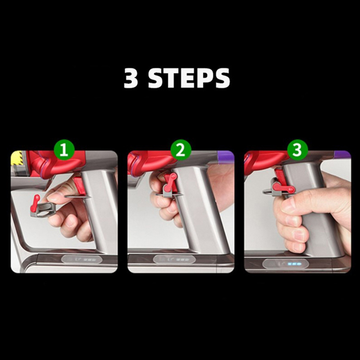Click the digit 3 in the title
131,78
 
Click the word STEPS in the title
189,78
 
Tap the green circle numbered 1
64,150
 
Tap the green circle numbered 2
180,150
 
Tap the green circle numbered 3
297,149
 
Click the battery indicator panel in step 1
81,260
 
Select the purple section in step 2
225,157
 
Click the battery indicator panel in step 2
174,260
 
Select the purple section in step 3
342,155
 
